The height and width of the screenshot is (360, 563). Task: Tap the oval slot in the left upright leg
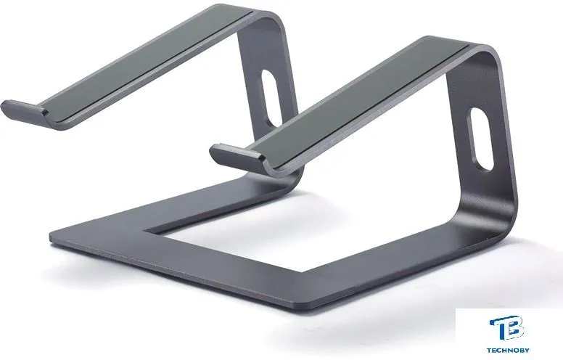[x=269, y=98]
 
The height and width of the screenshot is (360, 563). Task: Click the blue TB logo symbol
[x=506, y=327]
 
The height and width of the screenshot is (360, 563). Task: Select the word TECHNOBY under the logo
[x=508, y=350]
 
